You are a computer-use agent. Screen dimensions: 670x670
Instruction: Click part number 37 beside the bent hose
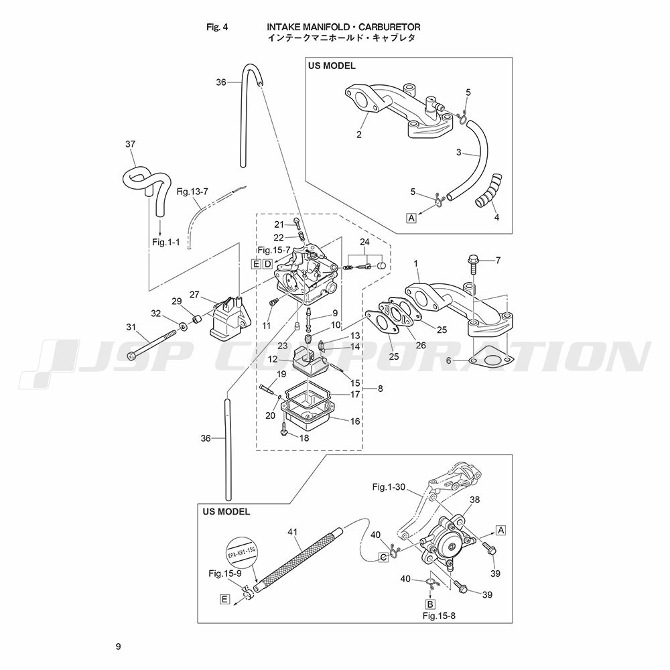point(131,144)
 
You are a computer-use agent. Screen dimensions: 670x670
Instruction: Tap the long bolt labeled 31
point(152,343)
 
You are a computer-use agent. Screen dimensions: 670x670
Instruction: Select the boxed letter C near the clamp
point(384,557)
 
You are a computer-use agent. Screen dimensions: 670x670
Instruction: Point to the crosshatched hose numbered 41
point(299,560)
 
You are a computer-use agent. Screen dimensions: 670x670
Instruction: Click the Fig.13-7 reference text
point(192,192)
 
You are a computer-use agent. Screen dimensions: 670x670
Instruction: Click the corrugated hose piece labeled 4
point(488,190)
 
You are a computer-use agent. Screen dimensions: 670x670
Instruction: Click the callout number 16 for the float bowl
point(355,421)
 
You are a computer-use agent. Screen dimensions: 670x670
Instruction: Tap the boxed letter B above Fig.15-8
point(430,604)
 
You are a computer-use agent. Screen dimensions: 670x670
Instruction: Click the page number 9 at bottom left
point(118,647)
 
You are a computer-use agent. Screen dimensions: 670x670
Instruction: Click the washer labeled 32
point(184,327)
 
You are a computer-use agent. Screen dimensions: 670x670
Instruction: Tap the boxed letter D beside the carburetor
point(267,263)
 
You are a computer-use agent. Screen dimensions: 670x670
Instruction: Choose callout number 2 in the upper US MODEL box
point(359,135)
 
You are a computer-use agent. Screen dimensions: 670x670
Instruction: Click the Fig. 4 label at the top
point(217,27)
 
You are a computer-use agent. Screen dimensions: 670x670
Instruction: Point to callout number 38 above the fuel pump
point(475,500)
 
